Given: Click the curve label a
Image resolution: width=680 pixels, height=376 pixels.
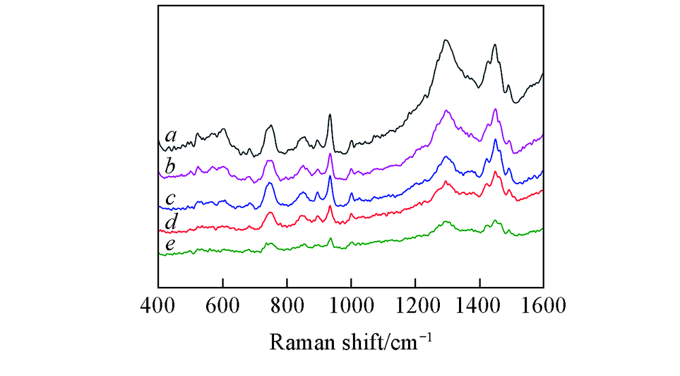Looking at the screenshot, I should [171, 137].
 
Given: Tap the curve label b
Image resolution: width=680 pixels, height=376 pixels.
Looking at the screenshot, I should [171, 165].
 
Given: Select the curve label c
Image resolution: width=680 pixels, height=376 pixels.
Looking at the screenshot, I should [171, 199].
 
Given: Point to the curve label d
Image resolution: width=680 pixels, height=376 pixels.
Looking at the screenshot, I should [171, 222].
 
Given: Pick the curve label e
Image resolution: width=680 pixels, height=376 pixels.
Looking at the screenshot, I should [171, 243].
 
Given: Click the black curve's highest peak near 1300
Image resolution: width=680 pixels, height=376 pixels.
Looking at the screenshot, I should [445, 40].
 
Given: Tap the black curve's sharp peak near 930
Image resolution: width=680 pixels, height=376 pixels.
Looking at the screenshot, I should [330, 115].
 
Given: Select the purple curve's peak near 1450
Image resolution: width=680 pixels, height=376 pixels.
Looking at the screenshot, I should [495, 109].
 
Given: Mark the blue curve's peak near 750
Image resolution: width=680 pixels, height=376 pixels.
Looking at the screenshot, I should [270, 183].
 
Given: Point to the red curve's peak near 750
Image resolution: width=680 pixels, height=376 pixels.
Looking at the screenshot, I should [271, 213].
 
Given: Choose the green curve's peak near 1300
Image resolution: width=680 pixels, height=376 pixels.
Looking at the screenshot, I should [446, 222].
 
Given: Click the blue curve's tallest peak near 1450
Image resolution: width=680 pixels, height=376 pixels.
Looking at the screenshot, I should [495, 140].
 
